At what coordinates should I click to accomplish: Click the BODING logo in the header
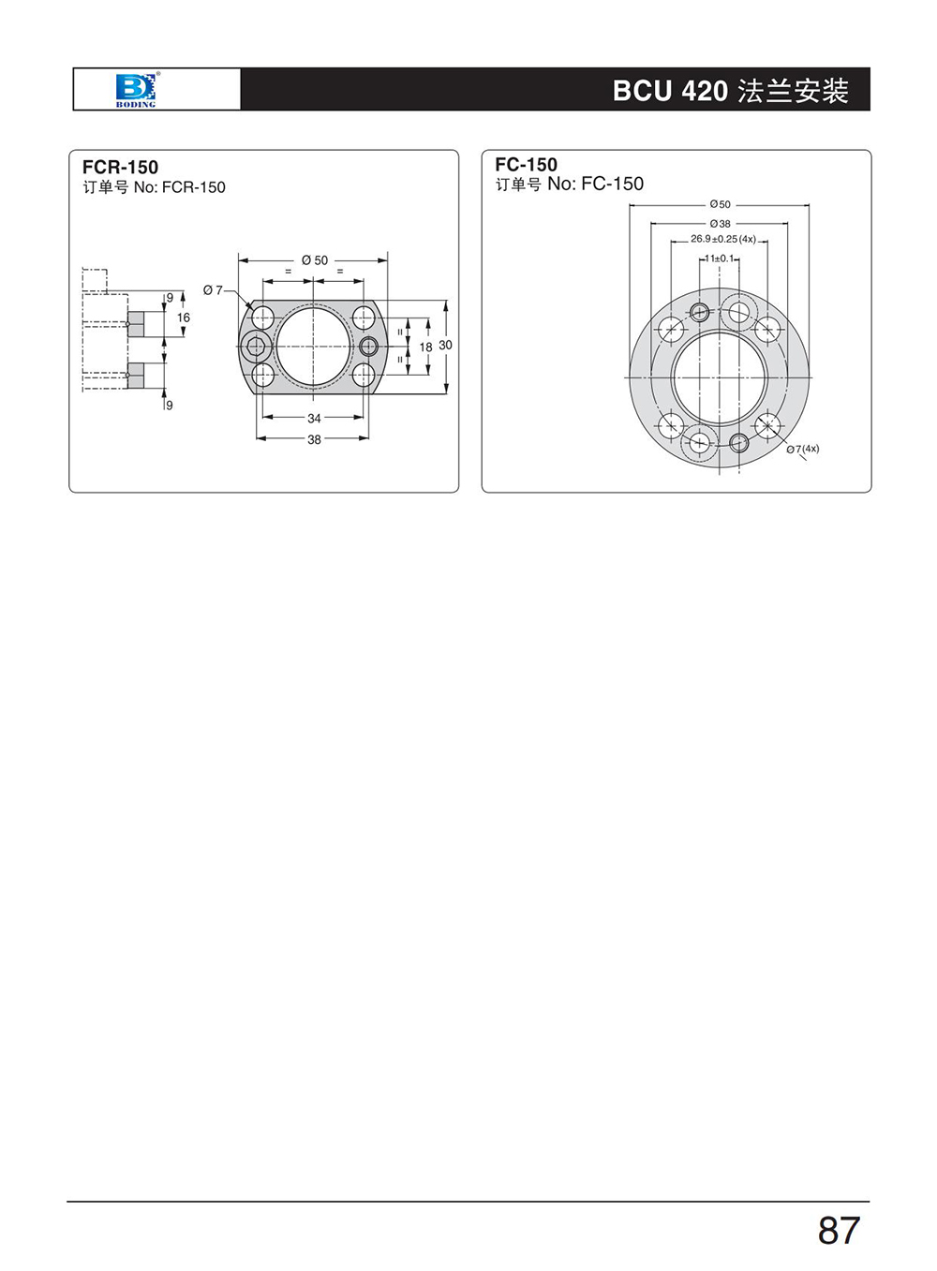136,89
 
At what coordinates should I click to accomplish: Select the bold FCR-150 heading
120,168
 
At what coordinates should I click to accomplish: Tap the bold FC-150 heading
526,165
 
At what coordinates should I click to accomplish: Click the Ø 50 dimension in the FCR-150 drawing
315,260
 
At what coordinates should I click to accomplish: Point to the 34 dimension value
314,418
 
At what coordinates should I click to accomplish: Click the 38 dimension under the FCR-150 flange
314,439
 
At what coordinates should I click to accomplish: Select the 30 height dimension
445,345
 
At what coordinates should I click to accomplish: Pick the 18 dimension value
425,347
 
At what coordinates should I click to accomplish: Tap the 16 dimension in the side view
184,318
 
